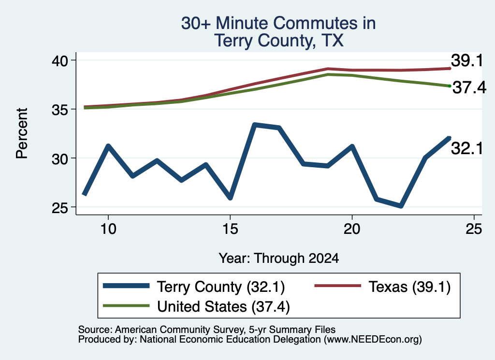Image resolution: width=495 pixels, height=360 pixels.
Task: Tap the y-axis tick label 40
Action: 59,60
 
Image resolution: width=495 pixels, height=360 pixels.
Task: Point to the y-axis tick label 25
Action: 59,207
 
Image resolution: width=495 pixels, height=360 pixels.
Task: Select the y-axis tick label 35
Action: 59,110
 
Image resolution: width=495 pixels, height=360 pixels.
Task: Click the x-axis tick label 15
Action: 230,229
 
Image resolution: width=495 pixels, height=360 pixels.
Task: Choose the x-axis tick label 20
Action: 352,229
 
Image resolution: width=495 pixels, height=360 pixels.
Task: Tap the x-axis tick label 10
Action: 108,229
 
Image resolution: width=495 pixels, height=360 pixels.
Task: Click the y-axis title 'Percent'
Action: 22,133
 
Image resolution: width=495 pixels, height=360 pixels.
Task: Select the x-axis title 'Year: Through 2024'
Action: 279,258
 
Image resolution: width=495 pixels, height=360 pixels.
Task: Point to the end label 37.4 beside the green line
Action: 469,87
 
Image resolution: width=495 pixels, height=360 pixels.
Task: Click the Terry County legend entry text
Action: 221,287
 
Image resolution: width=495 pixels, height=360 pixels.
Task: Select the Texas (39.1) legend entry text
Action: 409,287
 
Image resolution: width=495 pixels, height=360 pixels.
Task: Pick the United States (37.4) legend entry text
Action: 223,306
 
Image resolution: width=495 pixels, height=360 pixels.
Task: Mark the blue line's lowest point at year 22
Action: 401,206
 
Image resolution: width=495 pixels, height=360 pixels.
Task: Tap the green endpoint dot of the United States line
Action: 450,86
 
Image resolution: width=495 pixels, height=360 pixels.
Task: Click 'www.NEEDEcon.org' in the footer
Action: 373,339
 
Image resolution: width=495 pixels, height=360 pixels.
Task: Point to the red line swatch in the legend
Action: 338,286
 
